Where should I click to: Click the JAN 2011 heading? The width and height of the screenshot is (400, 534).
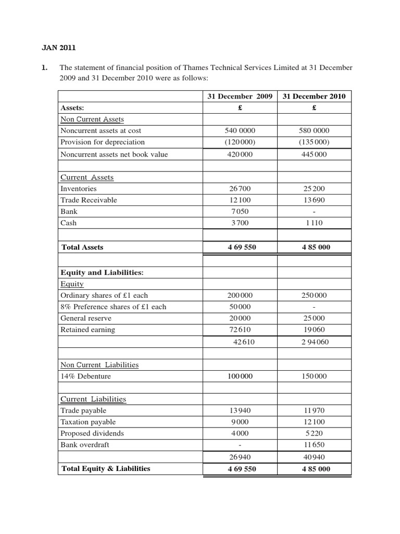click(59, 48)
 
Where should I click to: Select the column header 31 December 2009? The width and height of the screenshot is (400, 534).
click(240, 96)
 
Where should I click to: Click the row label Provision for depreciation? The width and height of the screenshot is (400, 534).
click(103, 142)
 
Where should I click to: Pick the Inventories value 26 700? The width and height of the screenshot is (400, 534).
click(240, 189)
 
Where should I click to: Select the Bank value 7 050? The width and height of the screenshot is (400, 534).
click(240, 212)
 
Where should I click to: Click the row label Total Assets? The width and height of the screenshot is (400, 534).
click(82, 247)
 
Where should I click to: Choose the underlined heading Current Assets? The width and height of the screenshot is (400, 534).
click(86, 177)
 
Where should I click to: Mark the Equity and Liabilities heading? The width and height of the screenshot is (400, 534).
click(102, 272)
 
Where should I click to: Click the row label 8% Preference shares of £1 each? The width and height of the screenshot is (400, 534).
click(114, 307)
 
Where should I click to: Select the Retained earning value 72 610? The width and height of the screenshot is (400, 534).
click(240, 330)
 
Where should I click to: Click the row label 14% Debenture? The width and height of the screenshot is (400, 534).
click(85, 376)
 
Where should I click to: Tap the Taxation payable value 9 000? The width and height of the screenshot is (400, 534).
click(240, 422)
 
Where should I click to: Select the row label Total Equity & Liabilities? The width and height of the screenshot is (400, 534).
click(106, 468)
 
